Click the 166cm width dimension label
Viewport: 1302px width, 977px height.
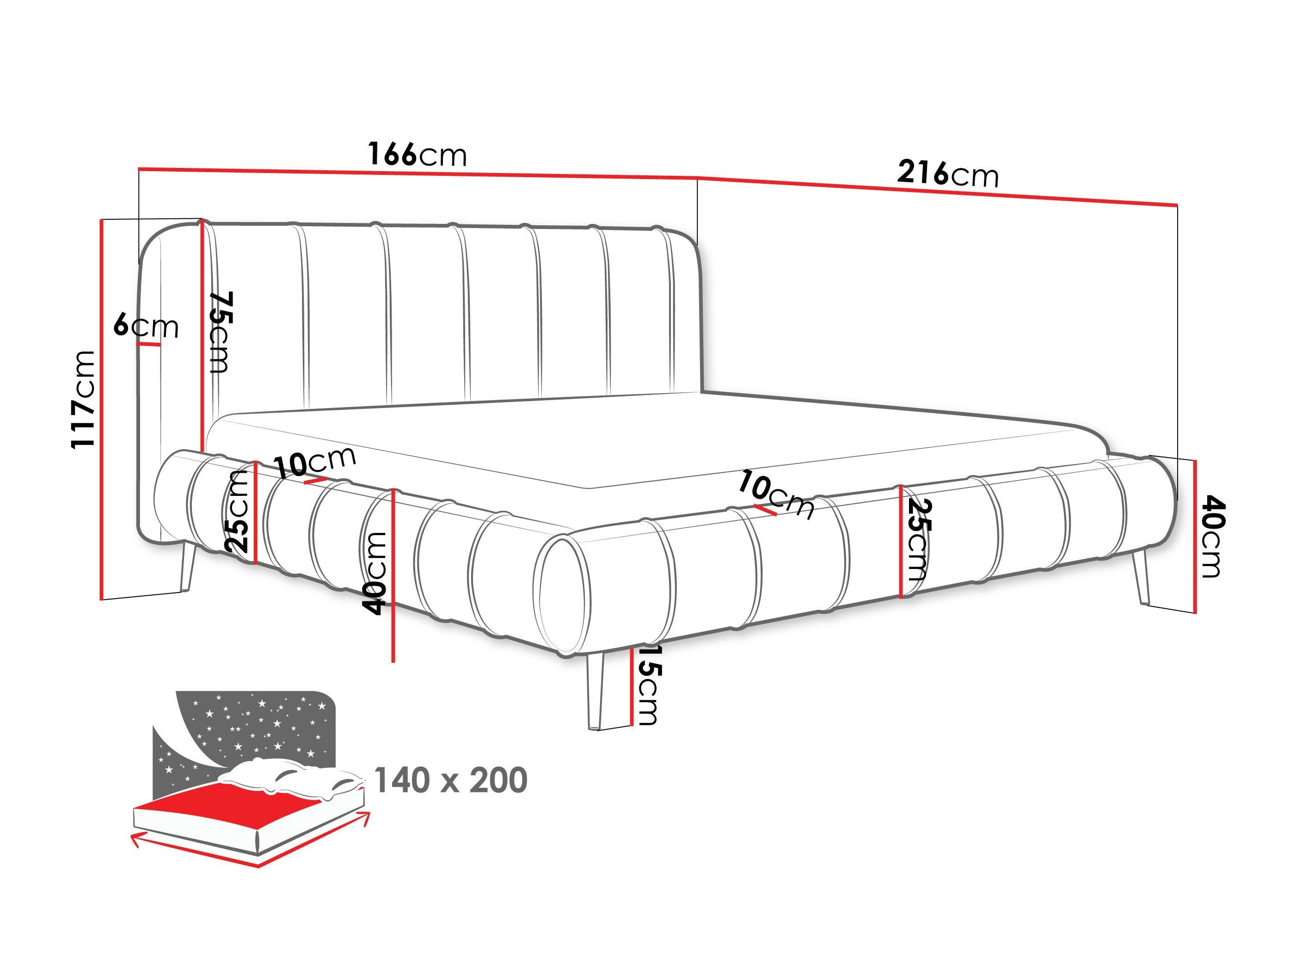point(418,155)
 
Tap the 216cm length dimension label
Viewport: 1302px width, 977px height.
point(948,174)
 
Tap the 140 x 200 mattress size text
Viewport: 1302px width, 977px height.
point(450,780)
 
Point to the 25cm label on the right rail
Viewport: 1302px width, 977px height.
point(917,539)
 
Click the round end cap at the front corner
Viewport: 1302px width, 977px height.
point(562,595)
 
